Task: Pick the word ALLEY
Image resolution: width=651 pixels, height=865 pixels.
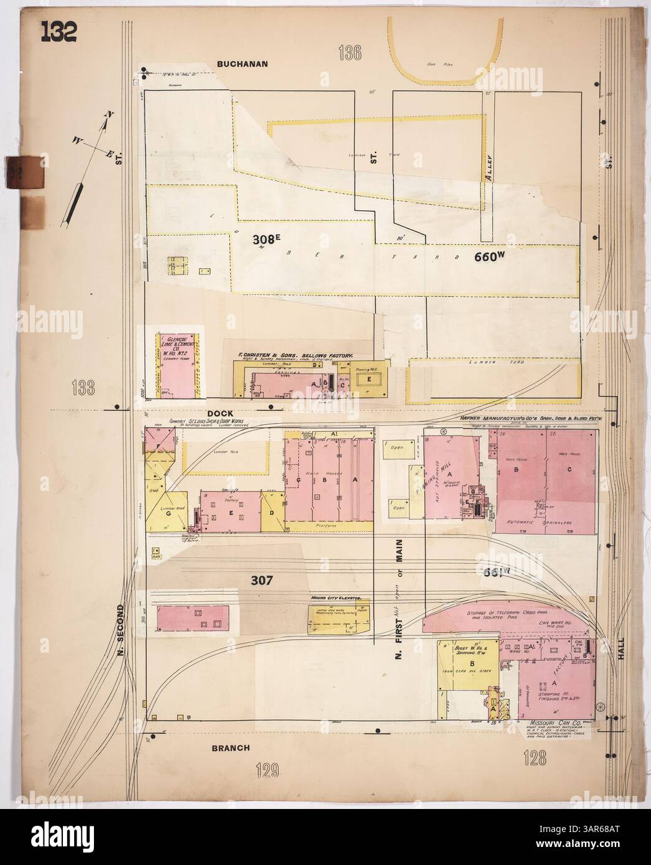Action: tap(490, 167)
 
